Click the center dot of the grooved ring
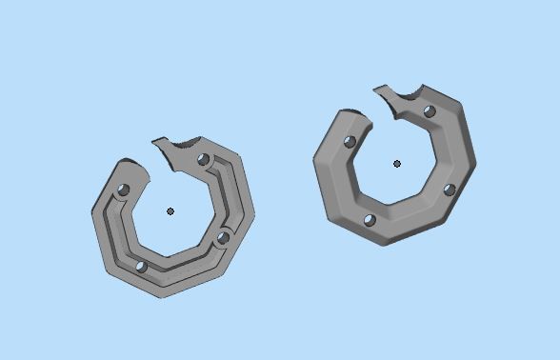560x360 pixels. [170, 211]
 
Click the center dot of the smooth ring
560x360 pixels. [397, 164]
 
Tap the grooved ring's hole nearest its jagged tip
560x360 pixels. [203, 160]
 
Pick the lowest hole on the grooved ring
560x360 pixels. [141, 268]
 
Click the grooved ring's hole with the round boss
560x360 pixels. [222, 237]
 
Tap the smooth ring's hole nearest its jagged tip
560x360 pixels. [430, 112]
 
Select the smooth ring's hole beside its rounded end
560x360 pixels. [350, 142]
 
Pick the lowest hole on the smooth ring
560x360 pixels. [370, 221]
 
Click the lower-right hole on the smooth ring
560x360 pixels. [449, 190]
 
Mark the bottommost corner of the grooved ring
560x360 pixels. [162, 297]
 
